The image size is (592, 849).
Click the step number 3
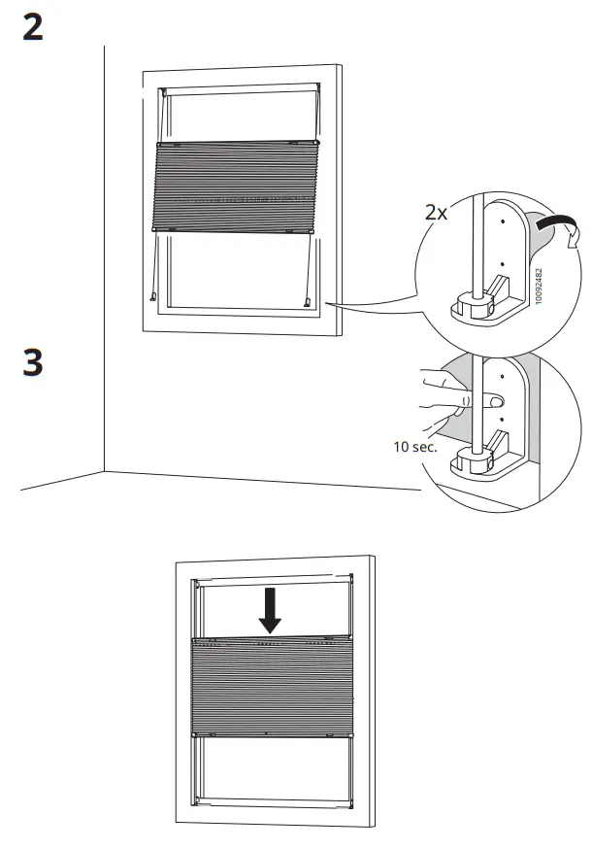point(32,364)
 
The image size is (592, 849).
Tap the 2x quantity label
point(437,213)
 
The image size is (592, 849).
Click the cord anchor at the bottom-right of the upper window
point(308,302)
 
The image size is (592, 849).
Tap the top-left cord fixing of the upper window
point(164,93)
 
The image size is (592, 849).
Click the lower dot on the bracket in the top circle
point(502,262)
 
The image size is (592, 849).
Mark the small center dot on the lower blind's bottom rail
point(265,731)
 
